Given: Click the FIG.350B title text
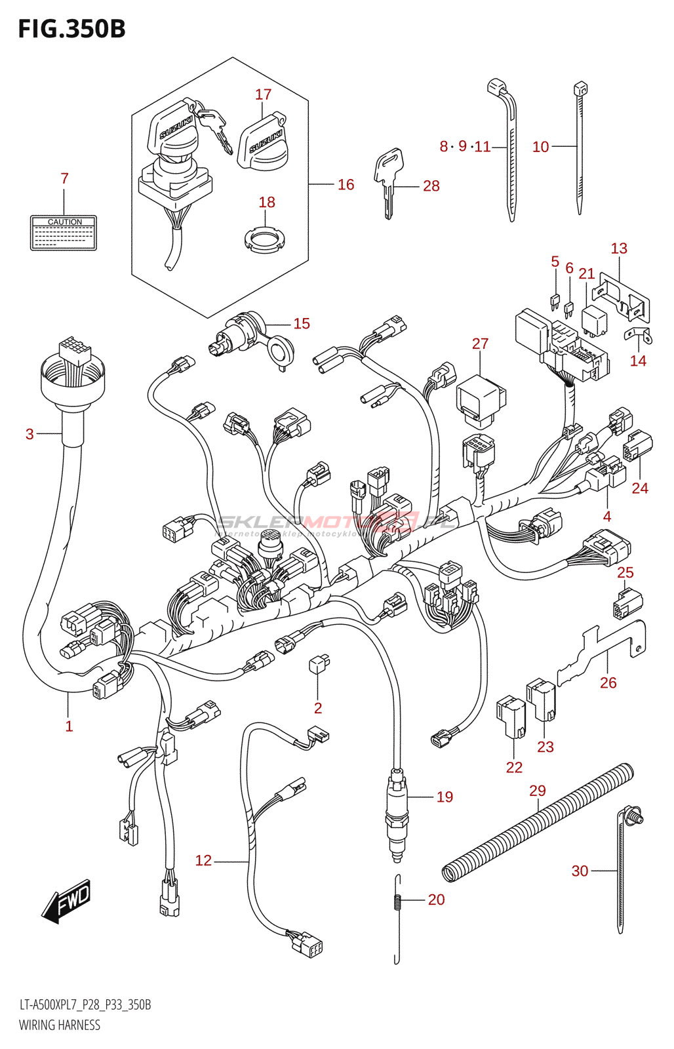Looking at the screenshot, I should point(71,30).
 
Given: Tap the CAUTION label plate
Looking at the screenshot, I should point(64,233).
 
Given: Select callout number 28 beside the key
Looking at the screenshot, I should point(431,186).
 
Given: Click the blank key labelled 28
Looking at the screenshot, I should point(389,180).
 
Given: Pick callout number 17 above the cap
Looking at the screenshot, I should point(263,94).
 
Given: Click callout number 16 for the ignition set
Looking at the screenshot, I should point(346,185).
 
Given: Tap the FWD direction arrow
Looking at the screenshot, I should point(67,901).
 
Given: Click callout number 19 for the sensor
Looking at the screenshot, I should point(445,797).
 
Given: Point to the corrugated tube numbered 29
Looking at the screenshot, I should point(538,823).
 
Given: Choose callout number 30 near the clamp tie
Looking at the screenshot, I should point(580,871).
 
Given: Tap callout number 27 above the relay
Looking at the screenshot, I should point(480,344).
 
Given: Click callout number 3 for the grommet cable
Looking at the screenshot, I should point(30,434).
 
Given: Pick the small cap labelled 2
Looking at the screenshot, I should point(319,665).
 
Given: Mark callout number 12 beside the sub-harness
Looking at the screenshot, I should point(203,860).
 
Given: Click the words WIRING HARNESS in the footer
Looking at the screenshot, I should point(60,1025).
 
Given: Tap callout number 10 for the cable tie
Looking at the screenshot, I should point(540,147).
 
